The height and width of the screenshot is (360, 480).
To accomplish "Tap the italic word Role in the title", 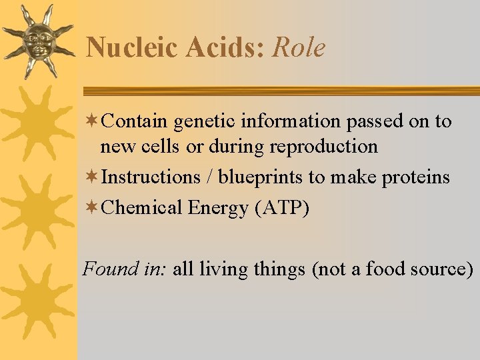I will pyautogui.click(x=299, y=48).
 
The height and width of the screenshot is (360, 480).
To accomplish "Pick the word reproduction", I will pyautogui.click(x=327, y=146).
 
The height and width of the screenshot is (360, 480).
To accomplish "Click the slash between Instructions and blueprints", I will pyautogui.click(x=210, y=177).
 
